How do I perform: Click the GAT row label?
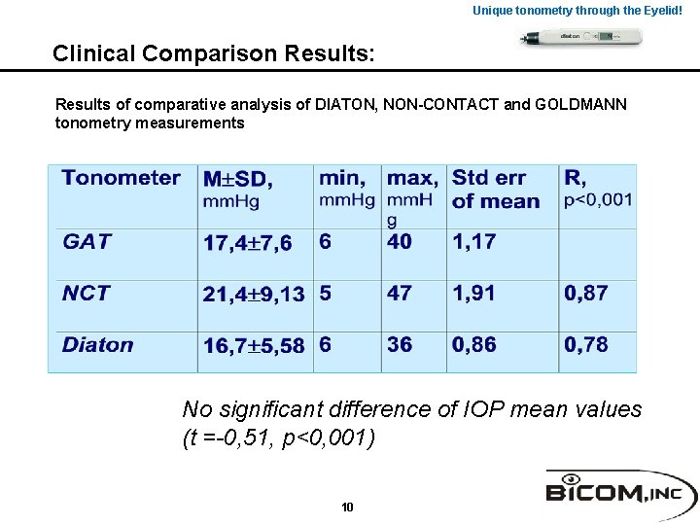coord(87,242)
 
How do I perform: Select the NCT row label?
coord(87,294)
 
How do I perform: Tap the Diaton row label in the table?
coord(98,345)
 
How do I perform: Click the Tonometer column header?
coord(122,178)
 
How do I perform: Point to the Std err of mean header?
coord(496,190)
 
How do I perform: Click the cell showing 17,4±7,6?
coord(247,243)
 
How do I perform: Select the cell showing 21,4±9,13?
coord(254,295)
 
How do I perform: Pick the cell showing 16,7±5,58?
coord(254,346)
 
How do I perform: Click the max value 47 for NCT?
coord(400,294)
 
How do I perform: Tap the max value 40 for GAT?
coord(400,242)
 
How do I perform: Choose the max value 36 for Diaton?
coord(400,345)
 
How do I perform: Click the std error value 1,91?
coord(473,294)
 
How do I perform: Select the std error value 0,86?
coord(474,345)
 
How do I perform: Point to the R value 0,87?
coord(586,294)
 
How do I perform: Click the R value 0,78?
coord(586,345)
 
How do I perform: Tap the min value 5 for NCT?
coord(325,294)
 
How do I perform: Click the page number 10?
coord(348,507)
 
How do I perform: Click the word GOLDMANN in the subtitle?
coord(568,104)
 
